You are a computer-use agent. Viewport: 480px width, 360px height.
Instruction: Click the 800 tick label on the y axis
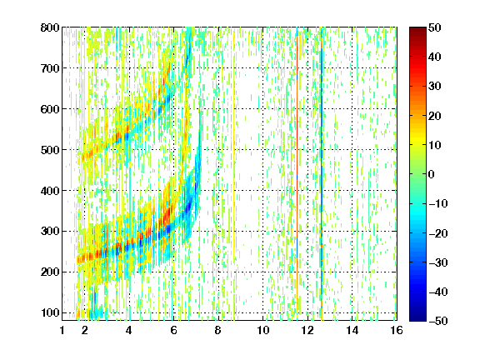pos(50,27)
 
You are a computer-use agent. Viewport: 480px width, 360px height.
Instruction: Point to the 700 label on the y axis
pos(50,68)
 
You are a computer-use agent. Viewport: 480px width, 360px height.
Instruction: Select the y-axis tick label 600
pos(50,109)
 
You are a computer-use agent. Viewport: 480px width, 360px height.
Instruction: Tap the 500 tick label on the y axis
pos(50,150)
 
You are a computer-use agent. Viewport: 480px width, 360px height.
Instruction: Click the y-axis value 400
pos(50,191)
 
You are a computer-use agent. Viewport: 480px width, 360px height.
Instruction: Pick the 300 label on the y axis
pos(50,231)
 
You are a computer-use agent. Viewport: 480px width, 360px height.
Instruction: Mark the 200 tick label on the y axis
pos(50,272)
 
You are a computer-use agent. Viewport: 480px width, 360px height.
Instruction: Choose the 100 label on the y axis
pos(50,312)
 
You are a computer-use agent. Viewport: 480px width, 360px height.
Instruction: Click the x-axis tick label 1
pos(62,330)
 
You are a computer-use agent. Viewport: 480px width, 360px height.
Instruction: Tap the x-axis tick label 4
pos(129,330)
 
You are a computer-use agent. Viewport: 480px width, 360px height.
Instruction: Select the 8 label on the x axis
pos(218,330)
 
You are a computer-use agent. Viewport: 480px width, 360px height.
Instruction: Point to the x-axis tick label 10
pos(263,330)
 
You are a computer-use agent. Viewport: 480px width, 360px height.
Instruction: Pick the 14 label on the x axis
pos(352,330)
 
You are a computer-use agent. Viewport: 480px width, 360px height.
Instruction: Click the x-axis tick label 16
pos(397,330)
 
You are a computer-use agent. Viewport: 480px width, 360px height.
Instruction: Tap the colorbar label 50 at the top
pos(435,27)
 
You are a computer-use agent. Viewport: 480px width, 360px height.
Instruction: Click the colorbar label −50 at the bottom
pos(438,321)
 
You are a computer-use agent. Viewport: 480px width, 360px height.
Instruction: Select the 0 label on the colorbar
pos(432,174)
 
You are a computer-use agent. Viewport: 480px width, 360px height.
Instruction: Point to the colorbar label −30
pos(438,262)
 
